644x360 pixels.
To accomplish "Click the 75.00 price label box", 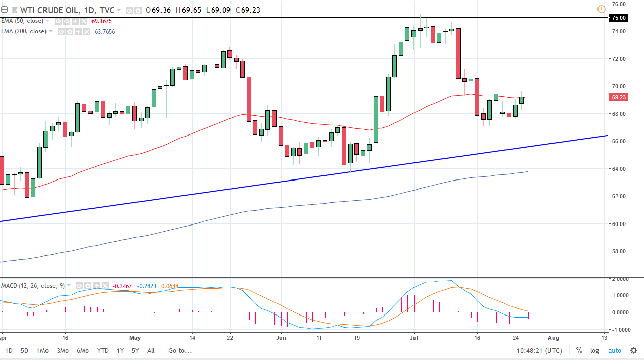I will coord(619,18).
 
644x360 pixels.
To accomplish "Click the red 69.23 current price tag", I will coord(619,97).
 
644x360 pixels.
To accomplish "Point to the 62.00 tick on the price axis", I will coord(619,196).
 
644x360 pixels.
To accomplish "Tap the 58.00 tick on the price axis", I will coord(619,251).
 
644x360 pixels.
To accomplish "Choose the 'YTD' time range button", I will coord(103,350).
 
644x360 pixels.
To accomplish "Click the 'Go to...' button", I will coord(180,350).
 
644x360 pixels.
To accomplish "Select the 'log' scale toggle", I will coord(594,350).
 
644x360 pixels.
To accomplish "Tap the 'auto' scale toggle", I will coord(614,350).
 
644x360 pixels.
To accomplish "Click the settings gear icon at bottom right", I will coord(633,350).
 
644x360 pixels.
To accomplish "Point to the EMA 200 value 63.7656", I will coord(105,31).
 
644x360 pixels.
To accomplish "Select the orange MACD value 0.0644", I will coord(169,286).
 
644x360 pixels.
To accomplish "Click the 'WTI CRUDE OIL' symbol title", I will coord(42,10).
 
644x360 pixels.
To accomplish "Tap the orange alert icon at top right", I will coord(601,9).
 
